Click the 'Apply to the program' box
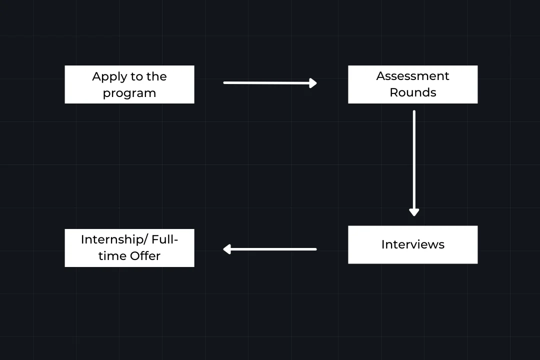(129, 84)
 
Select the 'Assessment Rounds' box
(412, 84)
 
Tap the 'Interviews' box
(412, 244)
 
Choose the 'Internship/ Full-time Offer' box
(129, 247)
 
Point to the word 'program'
(129, 93)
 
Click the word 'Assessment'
(412, 76)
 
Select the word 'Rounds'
(412, 92)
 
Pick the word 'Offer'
(145, 256)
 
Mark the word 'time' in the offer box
(112, 256)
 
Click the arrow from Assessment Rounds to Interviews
(414, 160)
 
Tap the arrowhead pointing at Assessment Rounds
(313, 83)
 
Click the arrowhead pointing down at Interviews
(414, 212)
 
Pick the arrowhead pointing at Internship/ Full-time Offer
(227, 249)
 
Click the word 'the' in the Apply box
(156, 77)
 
